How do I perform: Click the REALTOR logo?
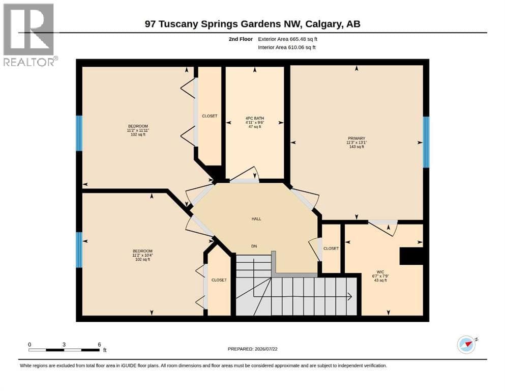[x=29, y=35]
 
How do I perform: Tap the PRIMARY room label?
[x=356, y=138]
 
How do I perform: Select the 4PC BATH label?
[x=254, y=118]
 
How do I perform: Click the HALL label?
[x=256, y=219]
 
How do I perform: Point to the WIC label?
[x=380, y=272]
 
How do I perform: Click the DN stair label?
[x=254, y=246]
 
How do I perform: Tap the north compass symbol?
[x=467, y=344]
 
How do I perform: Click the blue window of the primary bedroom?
[x=426, y=142]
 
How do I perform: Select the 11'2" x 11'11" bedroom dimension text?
[x=138, y=130]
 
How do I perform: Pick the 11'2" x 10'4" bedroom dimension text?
[x=143, y=255]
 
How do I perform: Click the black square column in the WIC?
[x=411, y=256]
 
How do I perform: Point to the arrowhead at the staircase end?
[x=349, y=296]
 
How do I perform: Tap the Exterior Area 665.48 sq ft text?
[x=288, y=39]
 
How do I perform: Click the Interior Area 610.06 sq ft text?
[x=287, y=47]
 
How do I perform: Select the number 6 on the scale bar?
[x=100, y=345]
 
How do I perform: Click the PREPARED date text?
[x=252, y=349]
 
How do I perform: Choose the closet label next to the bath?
[x=210, y=116]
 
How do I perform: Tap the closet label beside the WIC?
[x=331, y=248]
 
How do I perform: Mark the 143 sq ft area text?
[x=357, y=147]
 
